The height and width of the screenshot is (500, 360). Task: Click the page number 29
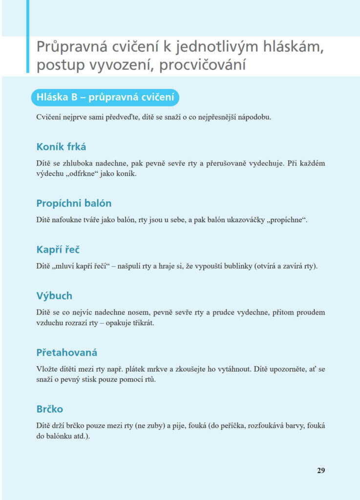click(x=321, y=471)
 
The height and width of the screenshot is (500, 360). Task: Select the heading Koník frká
click(x=61, y=146)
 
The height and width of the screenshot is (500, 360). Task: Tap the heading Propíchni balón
click(x=74, y=203)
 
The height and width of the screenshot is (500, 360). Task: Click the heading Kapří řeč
click(x=58, y=250)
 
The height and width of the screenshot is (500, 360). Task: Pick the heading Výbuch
click(x=54, y=296)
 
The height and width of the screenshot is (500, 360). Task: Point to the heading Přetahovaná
click(x=67, y=352)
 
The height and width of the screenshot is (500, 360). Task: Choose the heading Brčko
click(x=50, y=409)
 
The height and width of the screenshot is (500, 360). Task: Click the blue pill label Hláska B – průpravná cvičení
click(x=106, y=98)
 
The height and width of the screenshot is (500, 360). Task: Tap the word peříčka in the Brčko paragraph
click(x=232, y=425)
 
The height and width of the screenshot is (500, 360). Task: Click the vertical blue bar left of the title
click(x=28, y=37)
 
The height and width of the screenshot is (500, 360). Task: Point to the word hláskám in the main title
click(x=288, y=48)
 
